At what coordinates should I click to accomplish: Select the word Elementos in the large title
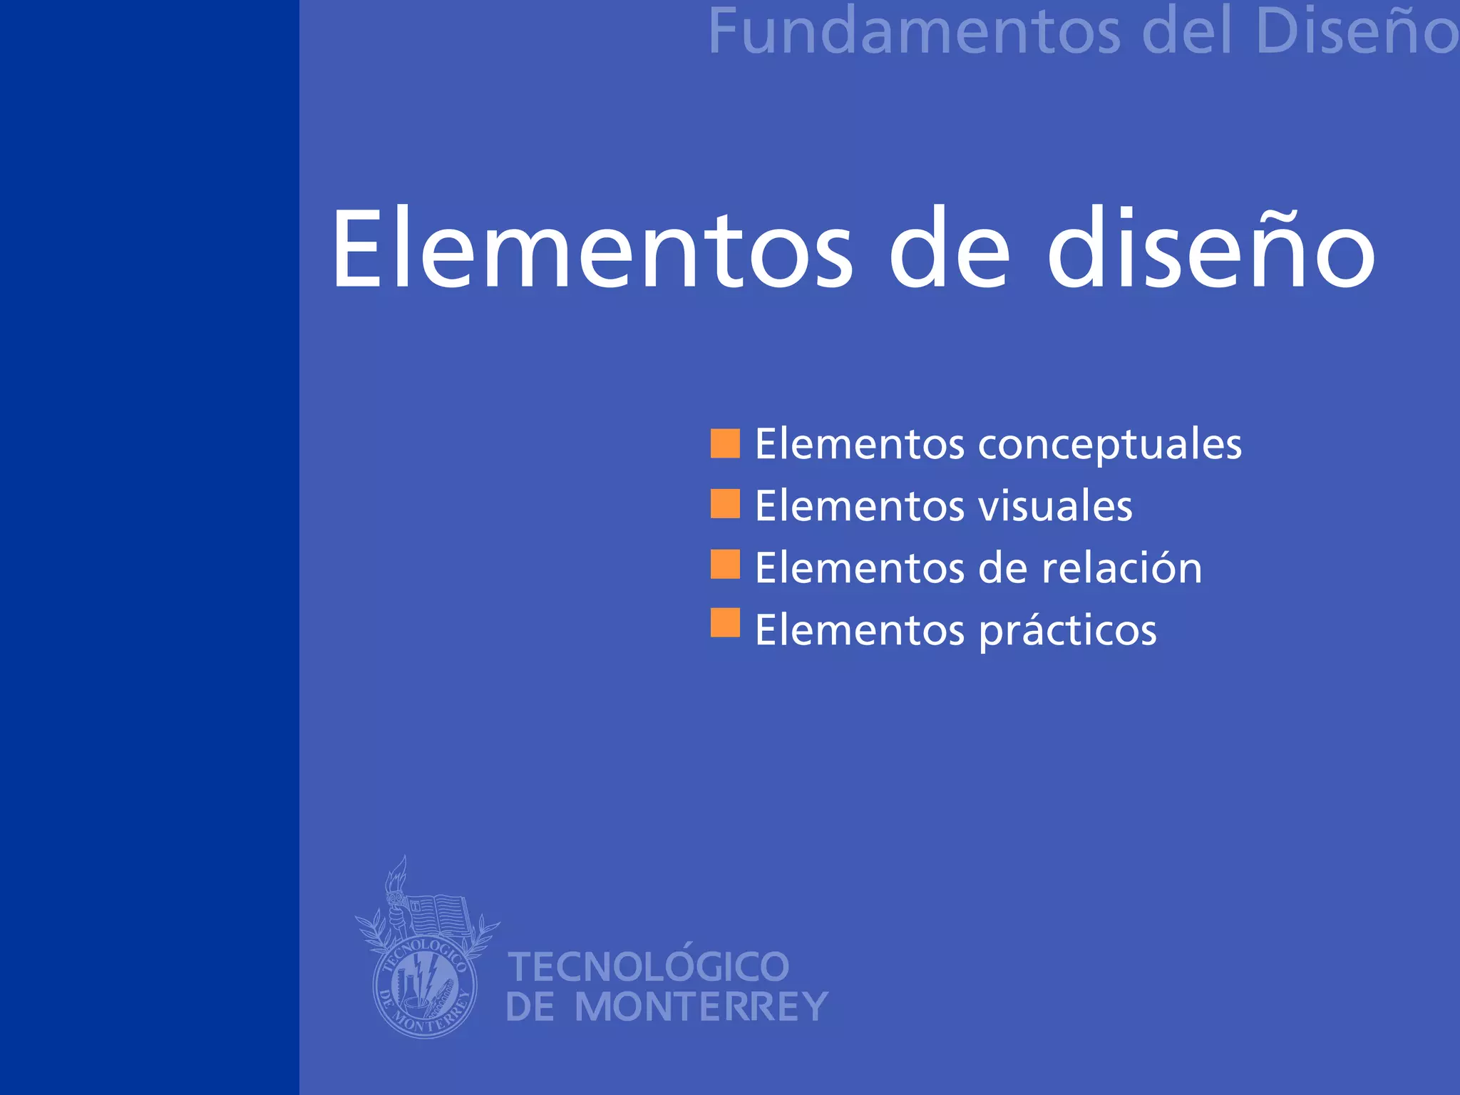coord(592,250)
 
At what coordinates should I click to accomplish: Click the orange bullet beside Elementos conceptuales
coord(725,443)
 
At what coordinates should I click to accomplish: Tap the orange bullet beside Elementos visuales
coord(725,504)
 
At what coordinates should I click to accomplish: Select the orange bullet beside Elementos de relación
coord(725,564)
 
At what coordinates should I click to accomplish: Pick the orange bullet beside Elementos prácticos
coord(725,622)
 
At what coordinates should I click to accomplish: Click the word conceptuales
coord(1109,446)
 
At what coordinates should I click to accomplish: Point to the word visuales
coord(1054,507)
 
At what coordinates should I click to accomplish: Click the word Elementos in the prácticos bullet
coord(860,630)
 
